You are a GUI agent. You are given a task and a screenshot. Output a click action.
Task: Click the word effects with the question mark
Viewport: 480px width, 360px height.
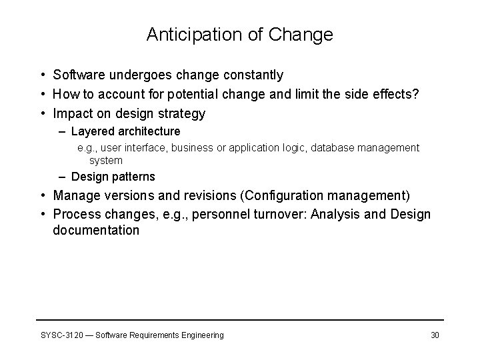(394, 95)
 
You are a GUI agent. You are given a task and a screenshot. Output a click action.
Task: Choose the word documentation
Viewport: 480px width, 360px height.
(96, 231)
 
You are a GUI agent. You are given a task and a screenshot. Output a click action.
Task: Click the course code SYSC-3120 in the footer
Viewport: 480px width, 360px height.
(59, 335)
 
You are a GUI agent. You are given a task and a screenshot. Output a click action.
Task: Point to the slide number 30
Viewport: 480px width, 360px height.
(435, 335)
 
